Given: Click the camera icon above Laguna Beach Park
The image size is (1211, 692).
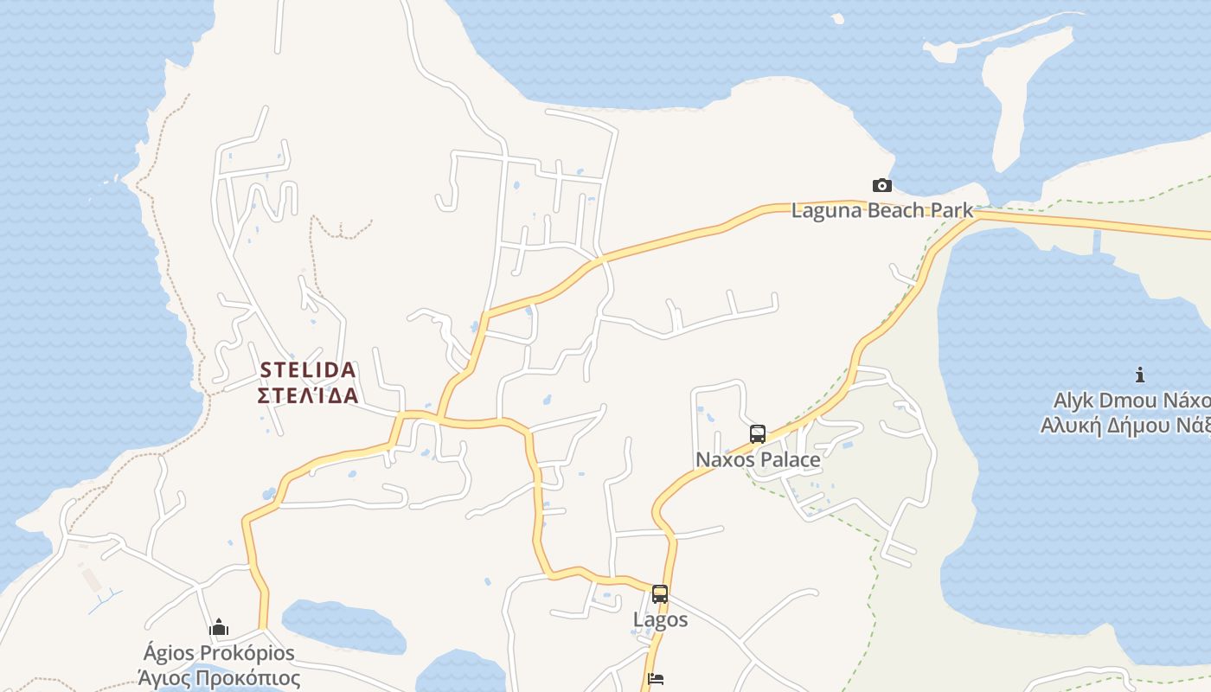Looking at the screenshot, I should click(x=881, y=185).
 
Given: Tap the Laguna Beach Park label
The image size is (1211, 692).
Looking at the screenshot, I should click(x=881, y=210).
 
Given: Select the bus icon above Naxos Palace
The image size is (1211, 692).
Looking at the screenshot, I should click(x=758, y=434).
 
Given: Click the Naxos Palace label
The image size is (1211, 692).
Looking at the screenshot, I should click(x=758, y=459).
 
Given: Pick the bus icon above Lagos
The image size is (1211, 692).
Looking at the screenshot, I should click(x=660, y=594).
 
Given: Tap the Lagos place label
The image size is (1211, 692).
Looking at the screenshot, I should click(x=660, y=619).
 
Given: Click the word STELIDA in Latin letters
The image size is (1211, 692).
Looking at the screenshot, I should click(x=308, y=370).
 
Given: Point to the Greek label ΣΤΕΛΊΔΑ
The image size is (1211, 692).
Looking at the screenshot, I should click(x=308, y=395).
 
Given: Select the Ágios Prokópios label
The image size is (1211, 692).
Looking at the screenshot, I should click(x=219, y=653).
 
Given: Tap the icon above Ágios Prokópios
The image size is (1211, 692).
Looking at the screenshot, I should click(x=219, y=627).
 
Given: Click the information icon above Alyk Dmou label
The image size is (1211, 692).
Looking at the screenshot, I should click(x=1140, y=375).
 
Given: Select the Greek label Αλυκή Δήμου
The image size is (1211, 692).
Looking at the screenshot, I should click(x=1124, y=426).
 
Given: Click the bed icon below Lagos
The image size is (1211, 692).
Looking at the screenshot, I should click(x=656, y=679).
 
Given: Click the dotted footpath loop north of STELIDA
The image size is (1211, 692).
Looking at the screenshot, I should click(x=342, y=227).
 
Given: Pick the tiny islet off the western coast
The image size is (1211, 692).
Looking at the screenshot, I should click(x=118, y=180).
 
